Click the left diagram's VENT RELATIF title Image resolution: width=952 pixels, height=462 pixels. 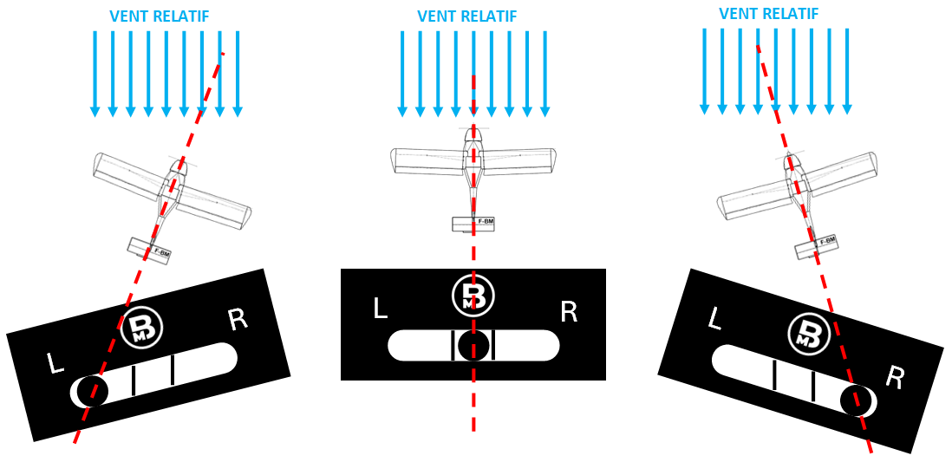(x=160, y=16)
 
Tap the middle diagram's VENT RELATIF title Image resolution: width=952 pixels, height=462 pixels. (x=466, y=16)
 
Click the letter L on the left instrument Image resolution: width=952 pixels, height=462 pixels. (x=55, y=363)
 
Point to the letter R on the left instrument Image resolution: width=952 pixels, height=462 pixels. (x=238, y=319)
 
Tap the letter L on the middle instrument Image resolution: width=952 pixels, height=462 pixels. (x=380, y=309)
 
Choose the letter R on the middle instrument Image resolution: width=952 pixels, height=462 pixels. (x=569, y=312)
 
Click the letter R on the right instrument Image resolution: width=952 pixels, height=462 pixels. (x=894, y=378)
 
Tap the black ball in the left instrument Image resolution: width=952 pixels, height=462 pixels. (x=92, y=390)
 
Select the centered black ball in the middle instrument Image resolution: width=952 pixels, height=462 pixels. (x=473, y=346)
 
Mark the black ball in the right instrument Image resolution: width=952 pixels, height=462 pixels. (x=856, y=400)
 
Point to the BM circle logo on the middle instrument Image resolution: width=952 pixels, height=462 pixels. (x=473, y=295)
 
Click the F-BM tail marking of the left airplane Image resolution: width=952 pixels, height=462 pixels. (x=162, y=251)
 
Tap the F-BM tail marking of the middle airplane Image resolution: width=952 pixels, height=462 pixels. (x=486, y=222)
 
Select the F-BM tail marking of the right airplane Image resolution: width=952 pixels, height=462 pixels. (x=827, y=242)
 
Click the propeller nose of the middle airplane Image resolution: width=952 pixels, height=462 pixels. (x=473, y=133)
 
